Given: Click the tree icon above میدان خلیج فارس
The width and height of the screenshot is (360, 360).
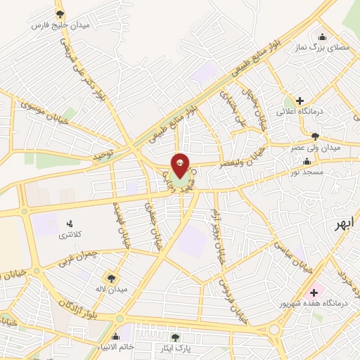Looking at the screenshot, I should [x=59, y=13].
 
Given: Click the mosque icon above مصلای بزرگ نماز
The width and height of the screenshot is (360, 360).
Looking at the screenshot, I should [x=322, y=37].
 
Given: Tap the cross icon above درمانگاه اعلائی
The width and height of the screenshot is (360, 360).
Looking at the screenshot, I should [x=300, y=101].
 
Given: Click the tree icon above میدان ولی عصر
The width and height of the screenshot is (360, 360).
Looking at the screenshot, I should [x=314, y=137].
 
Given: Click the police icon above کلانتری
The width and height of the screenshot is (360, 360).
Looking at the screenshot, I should [x=70, y=223].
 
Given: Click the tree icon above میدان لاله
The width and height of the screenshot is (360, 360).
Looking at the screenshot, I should [x=111, y=278].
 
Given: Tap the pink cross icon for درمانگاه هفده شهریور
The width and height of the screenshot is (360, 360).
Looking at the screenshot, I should [x=314, y=292].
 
